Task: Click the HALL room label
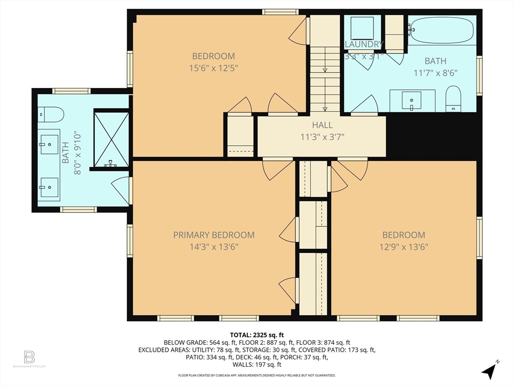(x=322, y=125)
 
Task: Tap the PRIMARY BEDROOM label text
(x=214, y=235)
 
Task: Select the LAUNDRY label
(x=364, y=44)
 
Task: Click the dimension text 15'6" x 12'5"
(x=214, y=68)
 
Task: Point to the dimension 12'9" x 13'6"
(x=404, y=247)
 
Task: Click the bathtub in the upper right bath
(x=441, y=31)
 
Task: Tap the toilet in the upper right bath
(x=453, y=98)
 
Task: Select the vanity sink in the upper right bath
(x=412, y=101)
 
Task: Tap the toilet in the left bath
(x=51, y=115)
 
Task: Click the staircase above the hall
(x=325, y=75)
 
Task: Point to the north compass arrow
(x=489, y=371)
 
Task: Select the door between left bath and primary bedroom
(x=121, y=190)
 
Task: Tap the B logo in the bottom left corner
(x=30, y=357)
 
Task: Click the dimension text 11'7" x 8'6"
(x=435, y=72)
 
